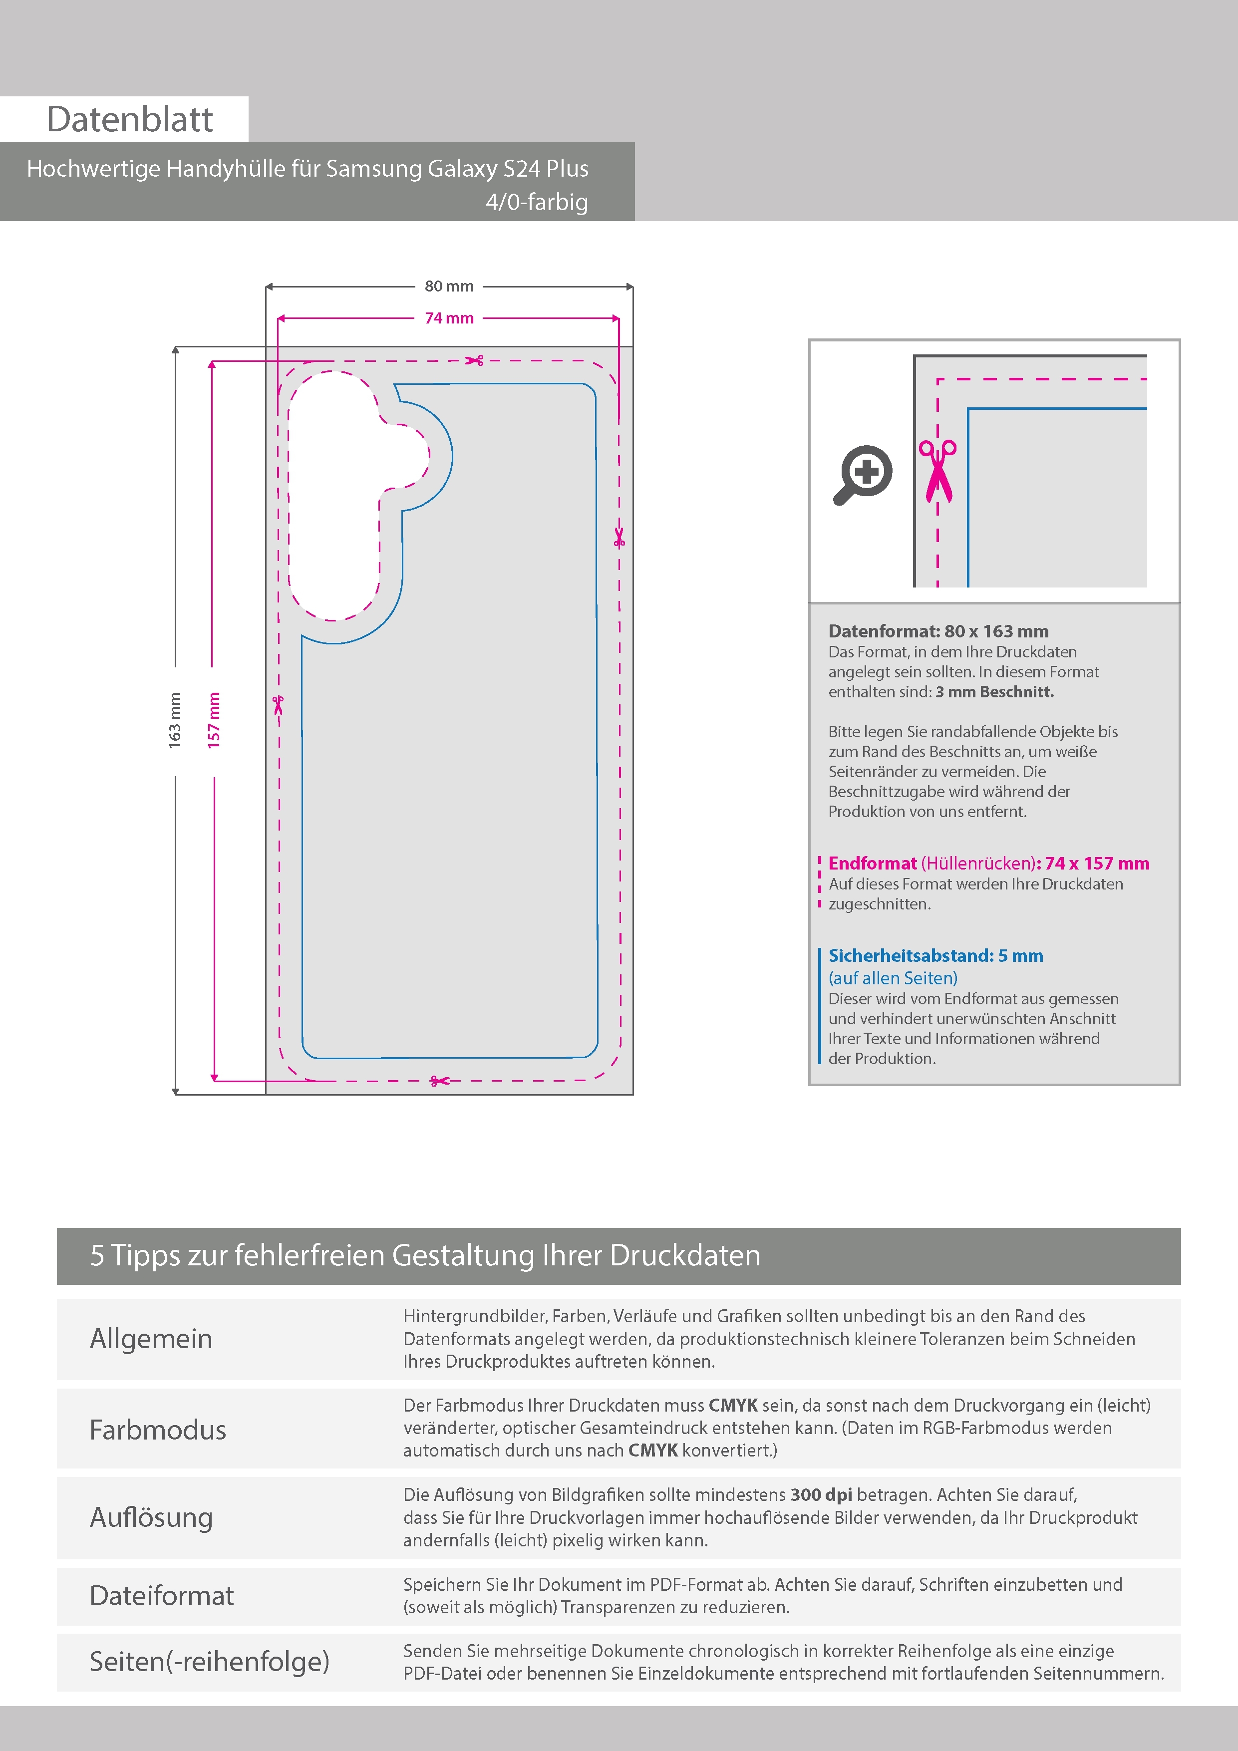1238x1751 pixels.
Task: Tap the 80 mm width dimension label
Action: point(449,286)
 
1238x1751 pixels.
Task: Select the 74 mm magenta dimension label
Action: point(449,318)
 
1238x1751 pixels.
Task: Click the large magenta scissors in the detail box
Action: point(938,471)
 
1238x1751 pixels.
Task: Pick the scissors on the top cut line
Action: point(474,360)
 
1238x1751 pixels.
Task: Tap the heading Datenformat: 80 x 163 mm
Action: point(938,631)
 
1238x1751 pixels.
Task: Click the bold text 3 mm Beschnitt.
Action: point(995,692)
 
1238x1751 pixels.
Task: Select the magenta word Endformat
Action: point(873,864)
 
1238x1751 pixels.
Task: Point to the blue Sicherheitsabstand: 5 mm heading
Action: point(936,955)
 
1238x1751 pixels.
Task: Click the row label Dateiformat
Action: point(162,1595)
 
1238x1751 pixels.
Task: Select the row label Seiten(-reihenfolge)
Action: point(210,1661)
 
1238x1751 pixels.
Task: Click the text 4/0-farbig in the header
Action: point(537,202)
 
